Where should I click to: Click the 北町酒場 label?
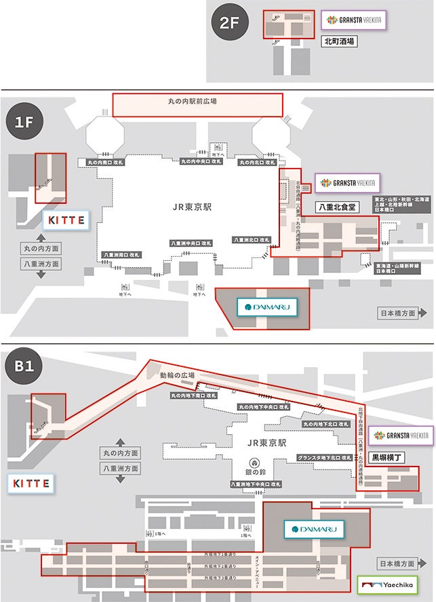[x=340, y=41]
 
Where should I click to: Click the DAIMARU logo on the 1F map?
[x=267, y=308]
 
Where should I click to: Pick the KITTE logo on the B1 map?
[x=32, y=483]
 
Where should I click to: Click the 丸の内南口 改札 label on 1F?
[x=106, y=163]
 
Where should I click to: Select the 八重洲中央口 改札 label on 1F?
[x=191, y=243]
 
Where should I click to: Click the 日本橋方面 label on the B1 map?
[x=397, y=563]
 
